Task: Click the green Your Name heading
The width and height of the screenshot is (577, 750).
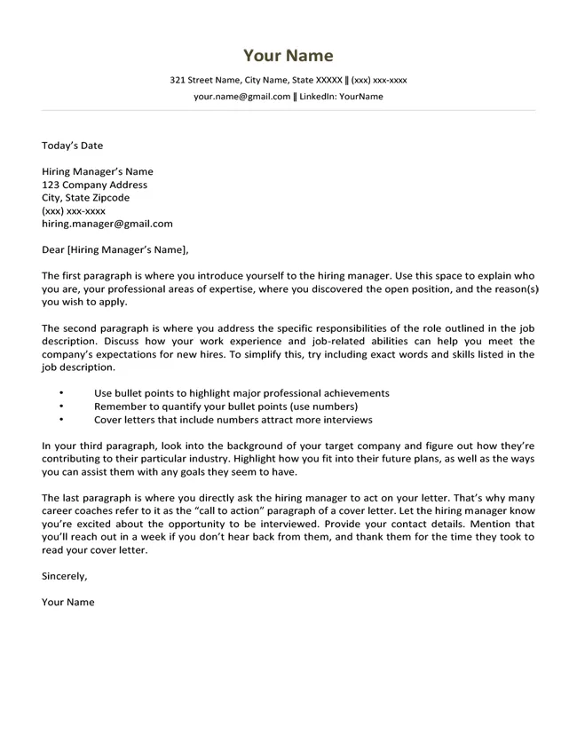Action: (288, 56)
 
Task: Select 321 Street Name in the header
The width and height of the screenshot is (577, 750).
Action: (207, 80)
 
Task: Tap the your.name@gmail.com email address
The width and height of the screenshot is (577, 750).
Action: (241, 96)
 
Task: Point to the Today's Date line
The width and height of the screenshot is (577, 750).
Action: (72, 146)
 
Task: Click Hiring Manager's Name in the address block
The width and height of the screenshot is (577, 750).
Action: (97, 171)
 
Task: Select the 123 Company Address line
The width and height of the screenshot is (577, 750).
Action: (94, 185)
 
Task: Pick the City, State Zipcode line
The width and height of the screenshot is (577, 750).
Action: (85, 198)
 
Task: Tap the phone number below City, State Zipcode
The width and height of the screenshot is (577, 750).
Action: (73, 211)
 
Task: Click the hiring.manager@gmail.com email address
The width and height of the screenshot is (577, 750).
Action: (107, 225)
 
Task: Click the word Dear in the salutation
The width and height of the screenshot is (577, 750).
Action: (53, 249)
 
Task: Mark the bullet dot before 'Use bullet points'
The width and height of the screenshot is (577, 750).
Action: (61, 392)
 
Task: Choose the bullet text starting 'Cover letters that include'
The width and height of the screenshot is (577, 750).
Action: (233, 420)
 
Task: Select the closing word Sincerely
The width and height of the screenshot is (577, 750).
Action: (65, 576)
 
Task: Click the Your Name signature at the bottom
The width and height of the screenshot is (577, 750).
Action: (67, 602)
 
